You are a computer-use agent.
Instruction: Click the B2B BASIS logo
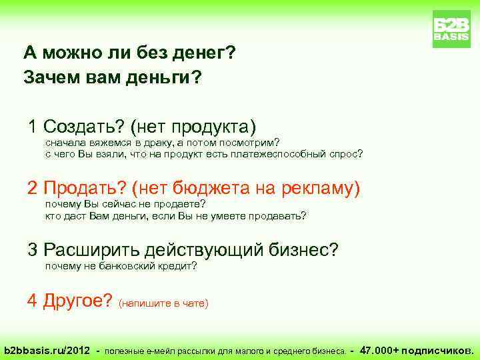click(x=451, y=29)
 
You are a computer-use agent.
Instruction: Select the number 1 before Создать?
click(x=32, y=126)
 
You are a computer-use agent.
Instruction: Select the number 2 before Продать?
click(x=32, y=189)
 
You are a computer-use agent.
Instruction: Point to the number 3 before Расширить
click(x=32, y=250)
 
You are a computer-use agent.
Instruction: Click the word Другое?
click(x=77, y=301)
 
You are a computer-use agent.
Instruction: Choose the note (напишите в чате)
click(x=163, y=303)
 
